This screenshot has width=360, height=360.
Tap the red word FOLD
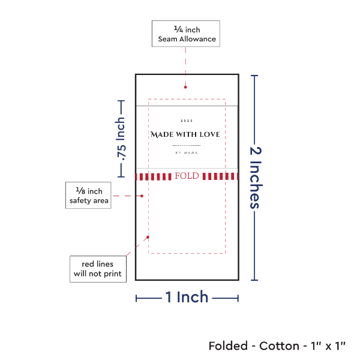(187, 176)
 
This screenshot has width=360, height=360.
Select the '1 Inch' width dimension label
(187, 296)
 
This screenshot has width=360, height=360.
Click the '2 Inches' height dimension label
(256, 178)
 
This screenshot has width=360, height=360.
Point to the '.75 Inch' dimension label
(121, 139)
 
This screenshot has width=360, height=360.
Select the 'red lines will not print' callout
(97, 269)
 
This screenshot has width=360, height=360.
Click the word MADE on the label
(162, 134)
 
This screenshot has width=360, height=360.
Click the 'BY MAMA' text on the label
(187, 152)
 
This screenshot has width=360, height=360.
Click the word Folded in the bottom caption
(229, 346)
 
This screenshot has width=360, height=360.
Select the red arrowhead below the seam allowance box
(185, 88)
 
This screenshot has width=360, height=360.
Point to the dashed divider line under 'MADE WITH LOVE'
(187, 145)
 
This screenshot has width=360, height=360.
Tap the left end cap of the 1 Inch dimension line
(136, 298)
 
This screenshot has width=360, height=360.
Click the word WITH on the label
(186, 134)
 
